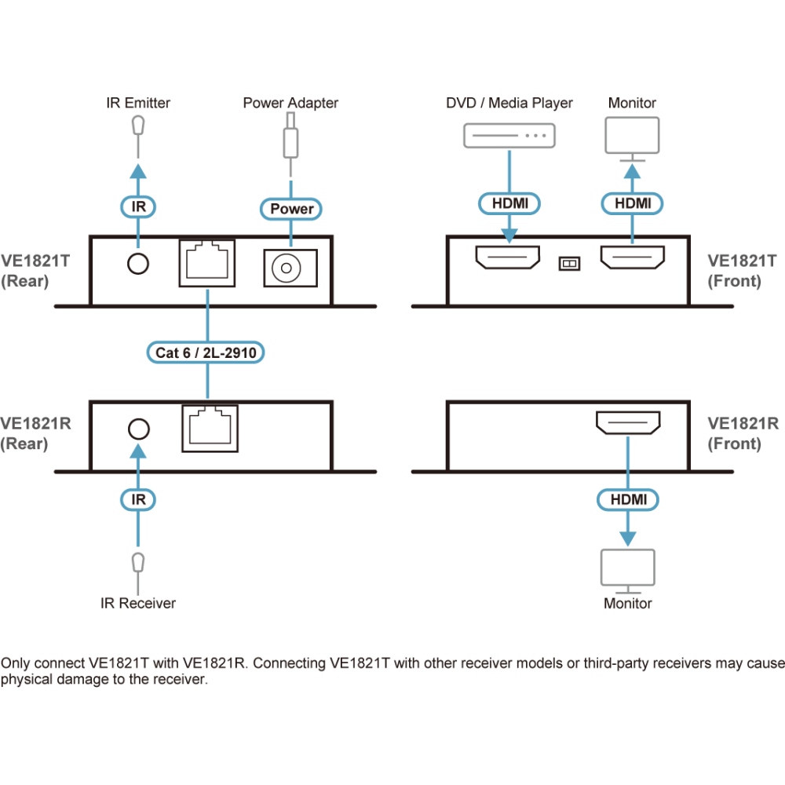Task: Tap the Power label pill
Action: (291, 209)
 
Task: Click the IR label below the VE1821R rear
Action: (138, 498)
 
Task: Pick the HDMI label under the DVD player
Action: (510, 203)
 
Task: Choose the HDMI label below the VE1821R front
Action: (628, 498)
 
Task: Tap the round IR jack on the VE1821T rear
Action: (138, 263)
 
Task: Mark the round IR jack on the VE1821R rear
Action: (138, 429)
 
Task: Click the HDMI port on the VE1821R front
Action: (628, 425)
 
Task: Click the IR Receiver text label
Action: (138, 603)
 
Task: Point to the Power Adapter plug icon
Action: (291, 141)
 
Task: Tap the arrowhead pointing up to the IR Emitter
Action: (138, 171)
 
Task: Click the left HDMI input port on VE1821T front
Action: (508, 256)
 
